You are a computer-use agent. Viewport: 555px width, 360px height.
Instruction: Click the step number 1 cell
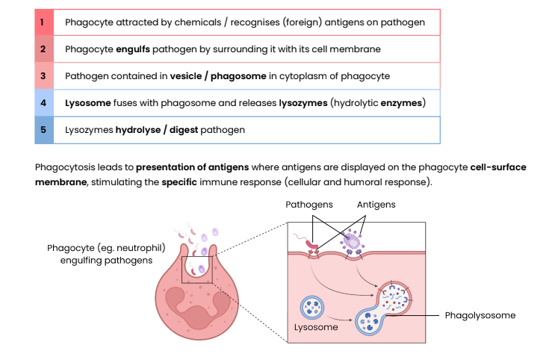pos(43,22)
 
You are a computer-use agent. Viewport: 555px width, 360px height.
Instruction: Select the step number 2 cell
pos(43,49)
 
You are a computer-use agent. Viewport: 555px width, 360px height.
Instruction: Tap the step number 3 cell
pos(43,76)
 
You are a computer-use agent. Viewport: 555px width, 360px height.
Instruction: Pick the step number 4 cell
pos(43,103)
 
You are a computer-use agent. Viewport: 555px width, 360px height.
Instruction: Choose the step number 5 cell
pos(43,130)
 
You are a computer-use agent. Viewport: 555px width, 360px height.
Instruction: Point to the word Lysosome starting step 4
pos(87,103)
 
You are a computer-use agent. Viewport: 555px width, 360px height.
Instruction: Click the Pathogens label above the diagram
pos(309,204)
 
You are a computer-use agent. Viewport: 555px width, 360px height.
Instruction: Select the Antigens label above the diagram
pos(376,204)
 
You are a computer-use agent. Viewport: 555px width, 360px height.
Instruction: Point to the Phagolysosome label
pos(480,315)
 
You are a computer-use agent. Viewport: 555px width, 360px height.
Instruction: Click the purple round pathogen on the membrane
pos(350,240)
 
